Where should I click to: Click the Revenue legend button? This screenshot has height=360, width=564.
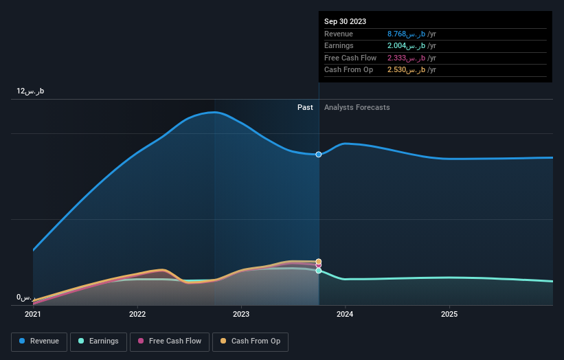39,341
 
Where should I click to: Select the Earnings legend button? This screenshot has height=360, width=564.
98,341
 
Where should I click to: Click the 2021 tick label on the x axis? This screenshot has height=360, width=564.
33,315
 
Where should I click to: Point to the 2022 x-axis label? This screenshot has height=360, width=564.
137,315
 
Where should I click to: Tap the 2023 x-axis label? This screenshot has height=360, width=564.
241,315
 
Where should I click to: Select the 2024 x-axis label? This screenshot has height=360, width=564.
345,315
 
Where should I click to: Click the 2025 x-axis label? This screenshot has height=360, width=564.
449,315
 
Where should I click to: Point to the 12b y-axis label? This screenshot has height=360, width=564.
31,91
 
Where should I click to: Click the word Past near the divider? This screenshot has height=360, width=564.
305,108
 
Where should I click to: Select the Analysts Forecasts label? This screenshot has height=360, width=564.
357,108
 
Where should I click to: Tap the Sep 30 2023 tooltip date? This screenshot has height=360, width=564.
346,21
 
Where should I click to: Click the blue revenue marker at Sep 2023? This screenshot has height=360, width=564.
319,155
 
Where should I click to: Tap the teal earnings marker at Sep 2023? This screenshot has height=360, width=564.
319,271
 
